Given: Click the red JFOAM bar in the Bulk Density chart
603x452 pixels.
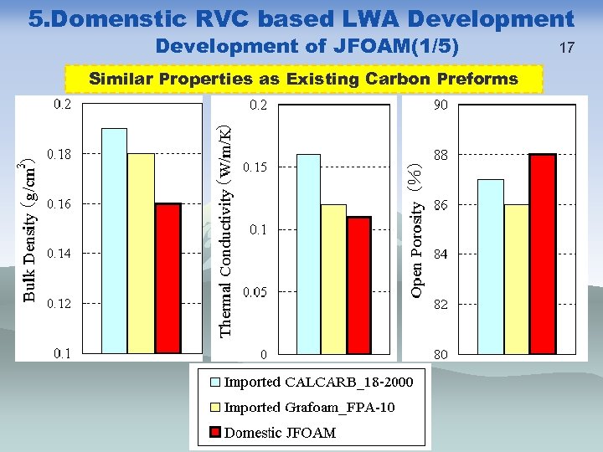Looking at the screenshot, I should tap(168, 278).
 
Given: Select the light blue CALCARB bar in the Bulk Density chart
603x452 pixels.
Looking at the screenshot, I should tap(114, 240).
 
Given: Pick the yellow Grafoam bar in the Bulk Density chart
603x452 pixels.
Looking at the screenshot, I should tap(141, 253).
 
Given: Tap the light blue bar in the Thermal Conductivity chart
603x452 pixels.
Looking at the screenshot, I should tap(309, 254).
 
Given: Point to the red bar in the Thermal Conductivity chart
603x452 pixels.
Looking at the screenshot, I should tap(358, 285).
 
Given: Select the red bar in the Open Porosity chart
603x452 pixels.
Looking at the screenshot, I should tap(543, 254).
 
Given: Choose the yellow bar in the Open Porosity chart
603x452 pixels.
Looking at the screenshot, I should tap(517, 279).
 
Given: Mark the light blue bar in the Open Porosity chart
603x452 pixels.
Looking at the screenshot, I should tap(491, 266).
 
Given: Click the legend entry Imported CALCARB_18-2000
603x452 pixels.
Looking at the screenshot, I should tap(318, 383).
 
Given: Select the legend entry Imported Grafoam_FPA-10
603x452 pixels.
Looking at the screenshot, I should tap(309, 408).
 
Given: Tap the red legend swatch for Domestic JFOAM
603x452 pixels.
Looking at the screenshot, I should tap(214, 433).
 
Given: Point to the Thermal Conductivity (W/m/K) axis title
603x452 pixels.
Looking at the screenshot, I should tap(224, 229).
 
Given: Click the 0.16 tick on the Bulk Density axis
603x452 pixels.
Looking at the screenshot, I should tap(59, 203).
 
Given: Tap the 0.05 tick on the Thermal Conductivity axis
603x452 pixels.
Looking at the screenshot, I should tap(255, 292).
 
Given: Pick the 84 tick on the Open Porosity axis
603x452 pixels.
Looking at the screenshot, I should tap(441, 254).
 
